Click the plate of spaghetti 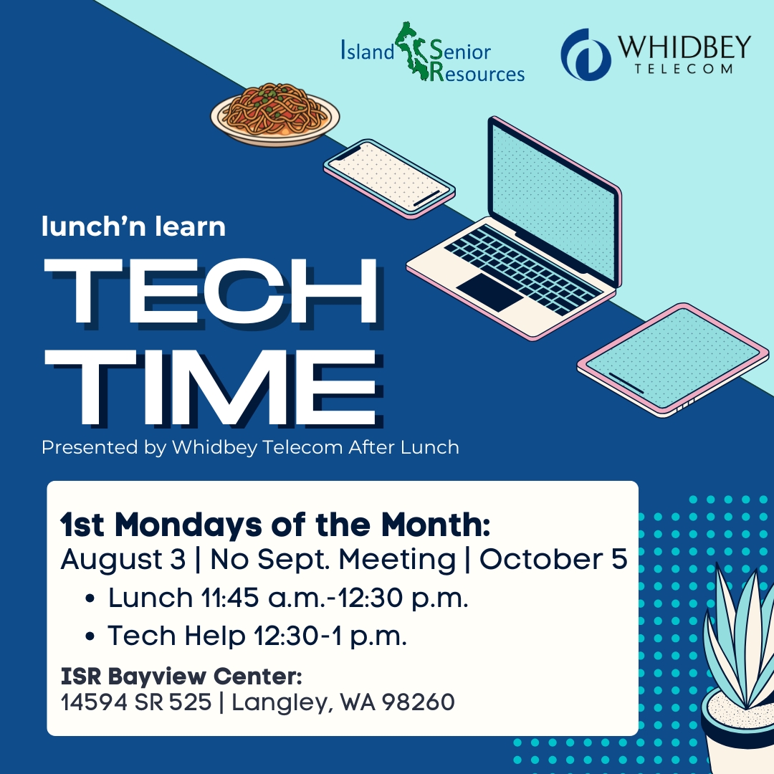coord(275,115)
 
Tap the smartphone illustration coord(389,178)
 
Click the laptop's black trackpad coord(489,292)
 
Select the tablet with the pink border coord(673,360)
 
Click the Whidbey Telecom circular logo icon coord(586,54)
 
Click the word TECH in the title coord(211,292)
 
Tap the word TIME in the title coord(212,388)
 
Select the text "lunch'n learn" coord(133,226)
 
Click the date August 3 coord(123,559)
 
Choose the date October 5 coord(553,559)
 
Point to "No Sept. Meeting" coord(333,559)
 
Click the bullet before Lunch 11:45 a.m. coord(90,598)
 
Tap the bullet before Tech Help coord(90,636)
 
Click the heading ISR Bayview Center coord(181,677)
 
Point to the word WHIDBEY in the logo coord(684,47)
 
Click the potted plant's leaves coord(738,637)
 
